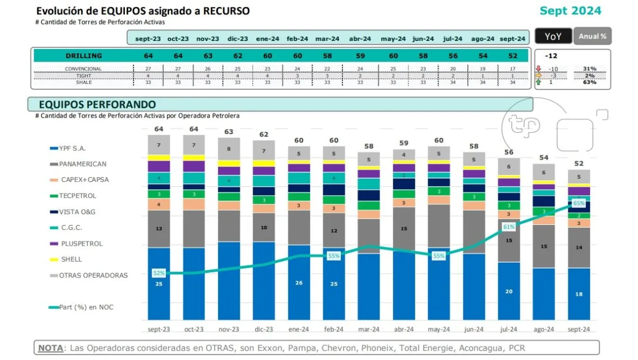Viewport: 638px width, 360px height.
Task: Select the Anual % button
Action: point(592,36)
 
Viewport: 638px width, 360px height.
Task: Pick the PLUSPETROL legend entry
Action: point(81,244)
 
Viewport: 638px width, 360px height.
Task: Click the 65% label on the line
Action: point(579,203)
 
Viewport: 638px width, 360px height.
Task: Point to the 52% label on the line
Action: point(159,273)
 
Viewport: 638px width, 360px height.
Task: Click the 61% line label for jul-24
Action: point(509,227)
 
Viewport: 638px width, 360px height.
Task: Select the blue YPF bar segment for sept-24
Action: point(579,294)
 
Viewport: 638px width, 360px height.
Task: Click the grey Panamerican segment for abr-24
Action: point(404,229)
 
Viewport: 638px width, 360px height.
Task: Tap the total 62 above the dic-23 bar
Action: point(264,135)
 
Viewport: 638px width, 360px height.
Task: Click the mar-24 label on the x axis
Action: point(368,330)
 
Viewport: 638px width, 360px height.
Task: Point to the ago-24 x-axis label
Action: point(544,330)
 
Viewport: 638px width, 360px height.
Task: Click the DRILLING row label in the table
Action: point(83,56)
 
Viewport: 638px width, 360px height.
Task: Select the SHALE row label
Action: point(83,82)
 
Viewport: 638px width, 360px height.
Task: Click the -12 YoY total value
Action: point(551,56)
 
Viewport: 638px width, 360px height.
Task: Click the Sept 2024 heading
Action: point(570,11)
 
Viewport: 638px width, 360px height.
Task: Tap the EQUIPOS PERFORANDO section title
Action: point(97,104)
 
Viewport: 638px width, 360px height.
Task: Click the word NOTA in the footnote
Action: point(49,348)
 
